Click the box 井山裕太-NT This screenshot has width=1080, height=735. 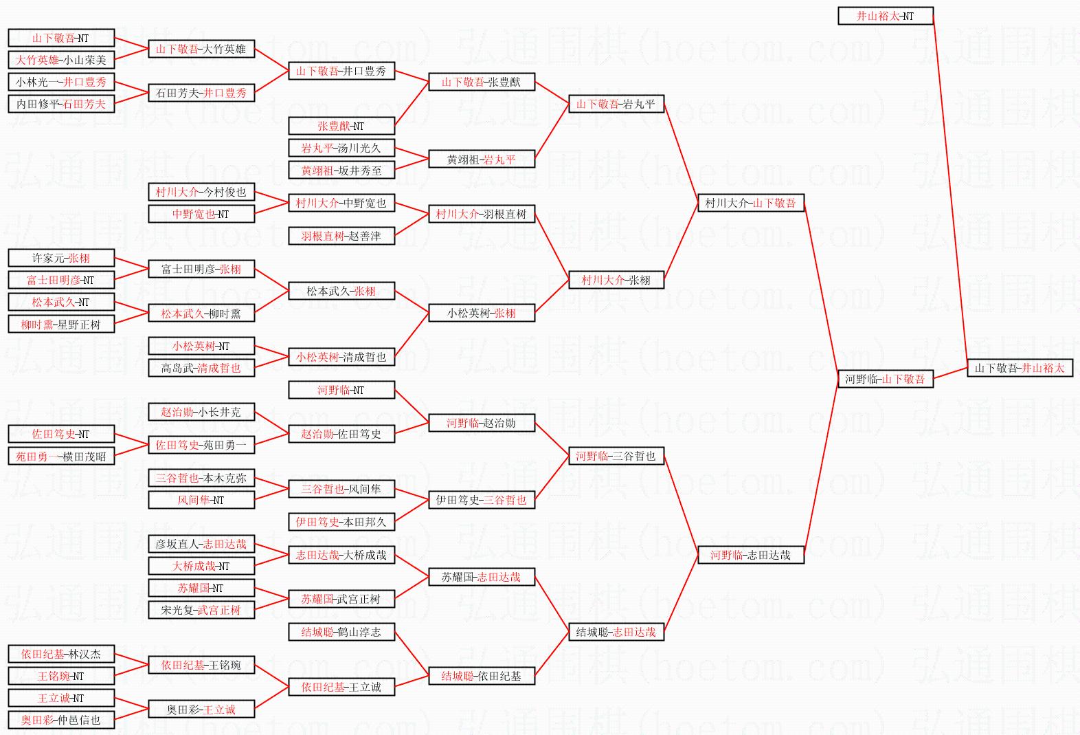885,16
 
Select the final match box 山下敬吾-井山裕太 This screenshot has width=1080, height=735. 1020,368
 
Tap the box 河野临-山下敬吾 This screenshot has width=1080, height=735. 885,379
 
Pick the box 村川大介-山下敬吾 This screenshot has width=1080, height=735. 750,203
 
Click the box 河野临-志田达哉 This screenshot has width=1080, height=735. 750,555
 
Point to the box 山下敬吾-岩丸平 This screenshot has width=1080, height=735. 616,104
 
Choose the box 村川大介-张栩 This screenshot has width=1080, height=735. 616,280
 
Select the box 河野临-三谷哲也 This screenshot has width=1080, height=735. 616,456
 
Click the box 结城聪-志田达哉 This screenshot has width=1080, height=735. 616,632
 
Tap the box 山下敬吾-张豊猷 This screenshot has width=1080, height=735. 481,82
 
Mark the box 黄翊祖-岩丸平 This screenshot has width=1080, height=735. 481,160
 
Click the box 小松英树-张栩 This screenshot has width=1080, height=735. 481,313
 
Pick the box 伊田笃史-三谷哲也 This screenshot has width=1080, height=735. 481,500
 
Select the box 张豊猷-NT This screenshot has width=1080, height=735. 341,126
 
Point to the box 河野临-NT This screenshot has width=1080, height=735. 341,390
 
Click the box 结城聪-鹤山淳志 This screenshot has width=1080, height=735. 341,632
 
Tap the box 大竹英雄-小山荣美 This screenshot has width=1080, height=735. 61,60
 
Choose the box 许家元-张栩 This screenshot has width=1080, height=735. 61,258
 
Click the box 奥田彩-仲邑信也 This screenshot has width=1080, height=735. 61,720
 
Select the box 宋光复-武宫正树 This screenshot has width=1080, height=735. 201,610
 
